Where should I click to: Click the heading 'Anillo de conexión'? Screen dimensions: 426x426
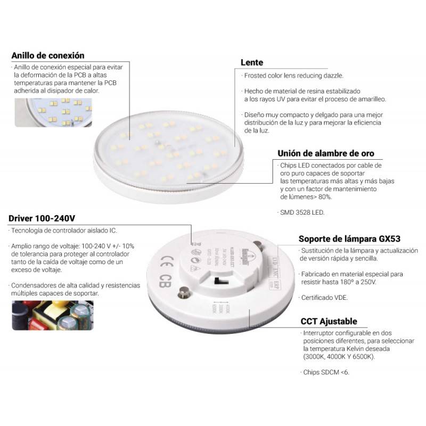48,55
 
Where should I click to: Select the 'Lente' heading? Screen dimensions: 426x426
251,62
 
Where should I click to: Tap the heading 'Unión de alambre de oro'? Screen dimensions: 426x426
325,153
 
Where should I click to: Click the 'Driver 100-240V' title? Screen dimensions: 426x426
42,218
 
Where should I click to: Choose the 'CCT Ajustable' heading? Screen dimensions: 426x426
329,321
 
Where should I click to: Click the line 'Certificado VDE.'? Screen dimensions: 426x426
324,297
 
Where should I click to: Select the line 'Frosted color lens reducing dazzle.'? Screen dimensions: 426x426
293,76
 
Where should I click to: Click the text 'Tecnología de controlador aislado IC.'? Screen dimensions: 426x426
64,231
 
